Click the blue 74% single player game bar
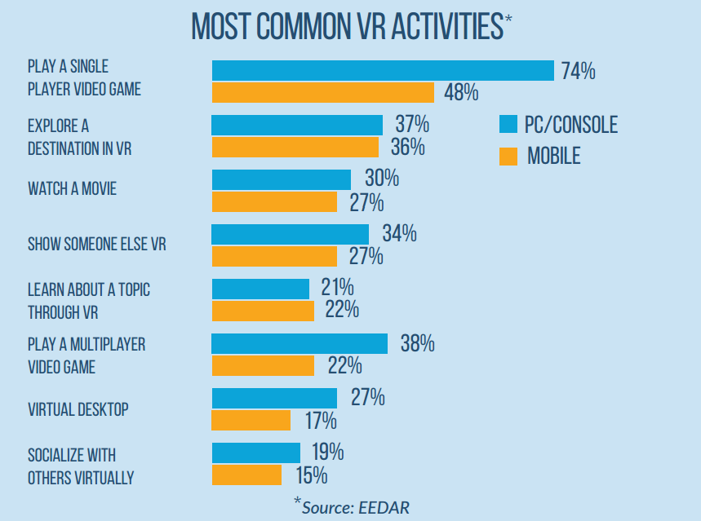(x=383, y=71)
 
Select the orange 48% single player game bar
(x=325, y=92)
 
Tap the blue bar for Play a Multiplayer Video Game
(x=299, y=343)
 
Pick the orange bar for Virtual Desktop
(x=251, y=420)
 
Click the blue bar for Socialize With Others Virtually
(x=256, y=453)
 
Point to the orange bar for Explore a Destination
(x=295, y=147)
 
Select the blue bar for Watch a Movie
(x=282, y=179)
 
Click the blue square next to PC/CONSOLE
(x=508, y=125)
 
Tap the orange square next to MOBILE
(x=508, y=155)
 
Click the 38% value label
(x=417, y=343)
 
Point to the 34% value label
(x=399, y=234)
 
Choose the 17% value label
(x=320, y=421)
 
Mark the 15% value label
(x=310, y=475)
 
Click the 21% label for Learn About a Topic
(x=336, y=288)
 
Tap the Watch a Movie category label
(x=72, y=189)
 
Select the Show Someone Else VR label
(x=96, y=244)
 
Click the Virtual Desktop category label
(x=78, y=409)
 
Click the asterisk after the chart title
(x=508, y=20)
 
